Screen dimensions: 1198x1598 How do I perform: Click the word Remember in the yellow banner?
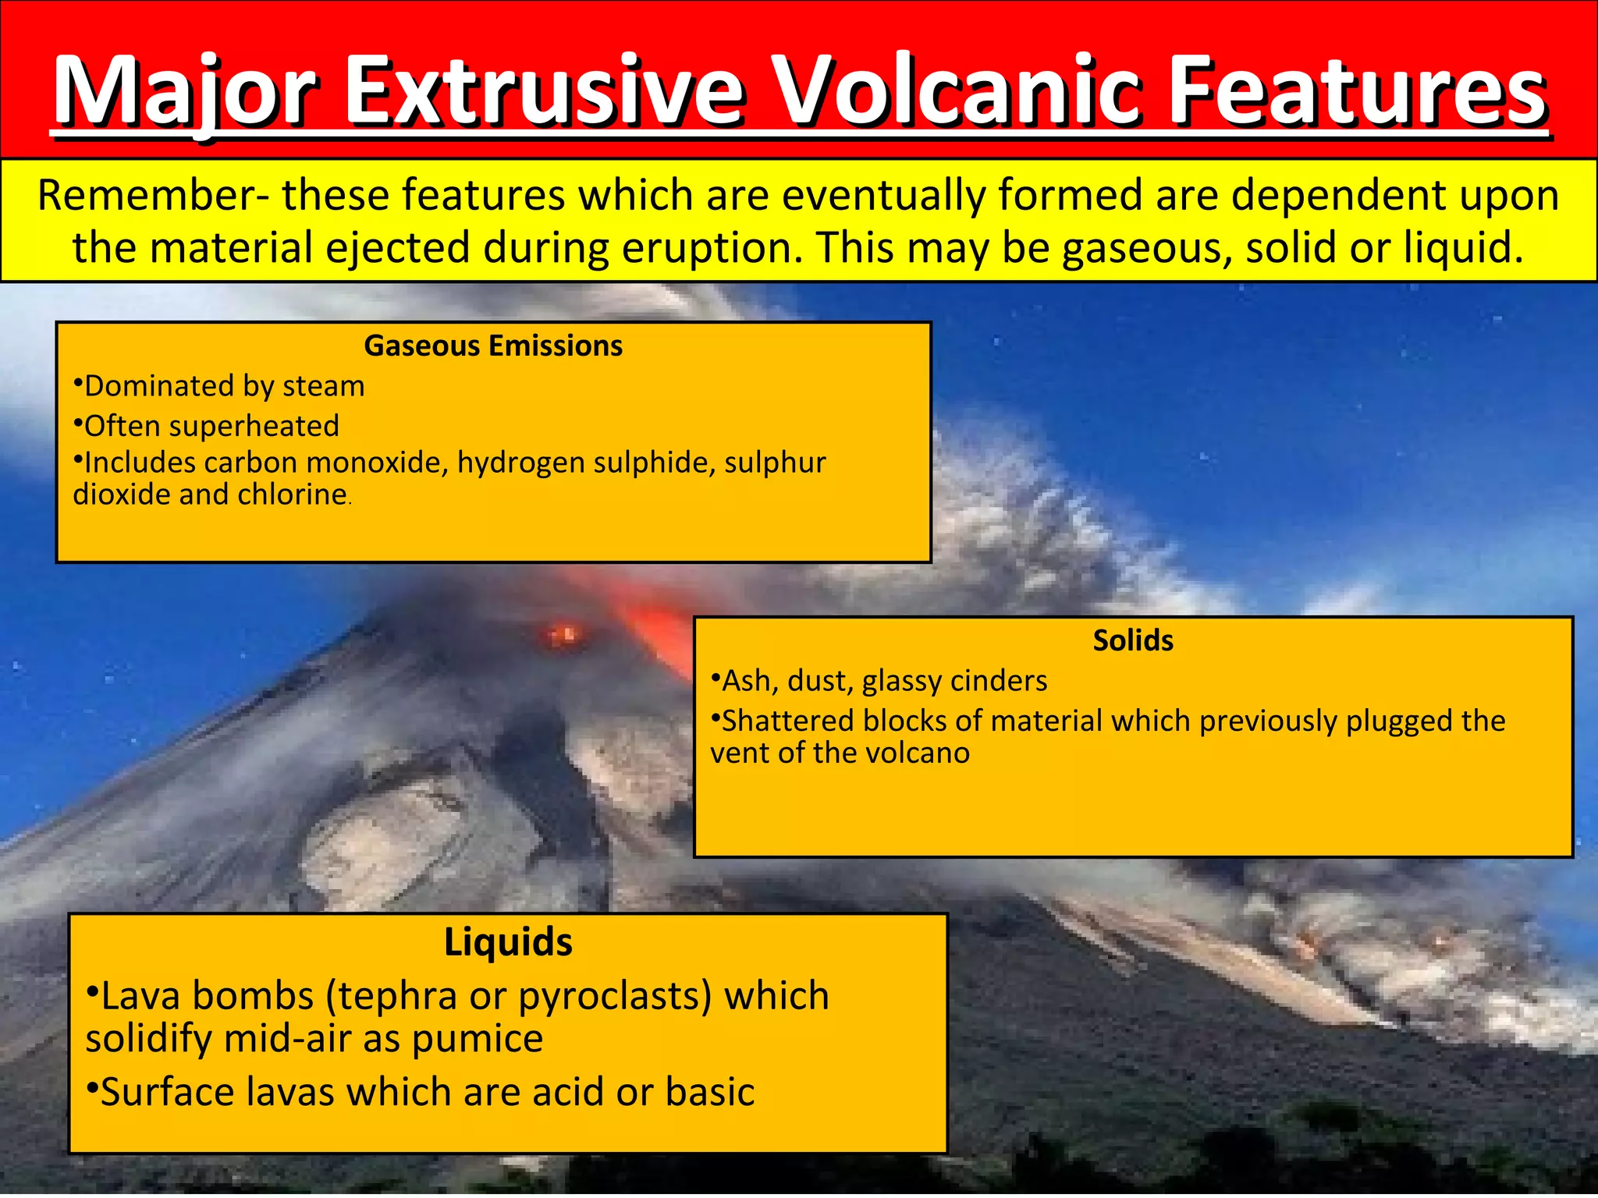(x=145, y=195)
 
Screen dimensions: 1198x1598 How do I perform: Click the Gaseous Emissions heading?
(x=493, y=346)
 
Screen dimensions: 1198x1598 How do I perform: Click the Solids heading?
(x=1132, y=640)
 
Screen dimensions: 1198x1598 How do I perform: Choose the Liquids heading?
(x=508, y=941)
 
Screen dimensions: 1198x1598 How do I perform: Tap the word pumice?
(x=477, y=1038)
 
